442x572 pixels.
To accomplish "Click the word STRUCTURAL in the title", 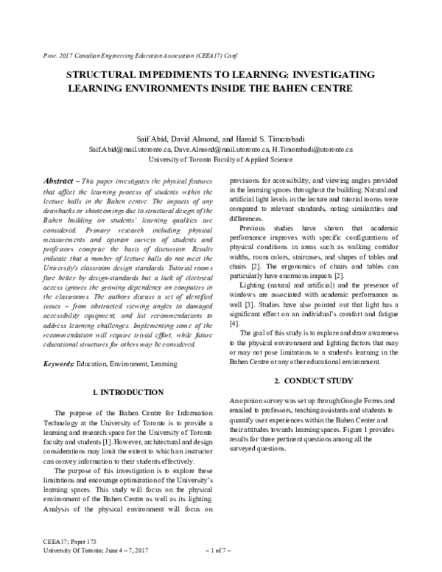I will pyautogui.click(x=99, y=75).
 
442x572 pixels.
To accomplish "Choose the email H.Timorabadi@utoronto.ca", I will pyautogui.click(x=313, y=148).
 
